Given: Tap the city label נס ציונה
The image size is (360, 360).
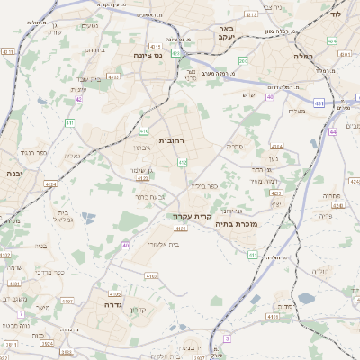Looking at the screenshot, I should [146, 54].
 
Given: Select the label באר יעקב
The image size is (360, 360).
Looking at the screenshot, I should [225, 33].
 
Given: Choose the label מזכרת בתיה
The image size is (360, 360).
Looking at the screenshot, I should [264, 222].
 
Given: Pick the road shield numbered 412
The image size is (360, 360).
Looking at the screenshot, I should [183, 162].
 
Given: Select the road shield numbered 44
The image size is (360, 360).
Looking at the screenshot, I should [332, 131].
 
